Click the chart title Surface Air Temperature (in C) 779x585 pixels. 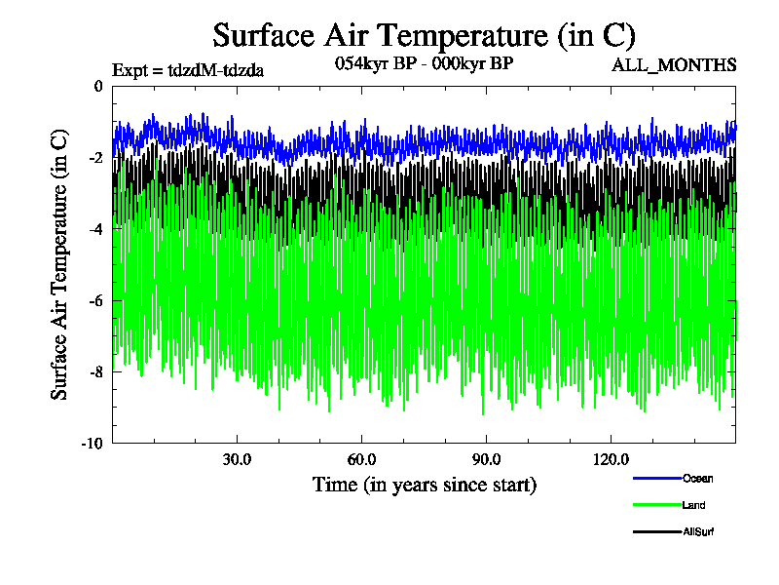424,36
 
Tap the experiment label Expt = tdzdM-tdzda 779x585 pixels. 188,69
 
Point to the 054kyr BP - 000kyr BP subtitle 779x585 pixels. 424,63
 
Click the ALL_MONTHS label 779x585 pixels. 674,65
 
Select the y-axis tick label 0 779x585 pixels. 98,87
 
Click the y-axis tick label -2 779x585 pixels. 95,158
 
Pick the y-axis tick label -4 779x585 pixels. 95,229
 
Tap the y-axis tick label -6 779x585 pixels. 95,300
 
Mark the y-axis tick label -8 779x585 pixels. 95,371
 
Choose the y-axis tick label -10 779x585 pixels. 93,444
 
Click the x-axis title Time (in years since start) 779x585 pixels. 424,485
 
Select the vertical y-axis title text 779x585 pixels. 59,264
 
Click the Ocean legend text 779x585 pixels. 697,478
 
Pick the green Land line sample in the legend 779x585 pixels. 655,505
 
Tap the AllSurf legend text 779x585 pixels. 699,531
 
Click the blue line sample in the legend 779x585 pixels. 655,478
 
